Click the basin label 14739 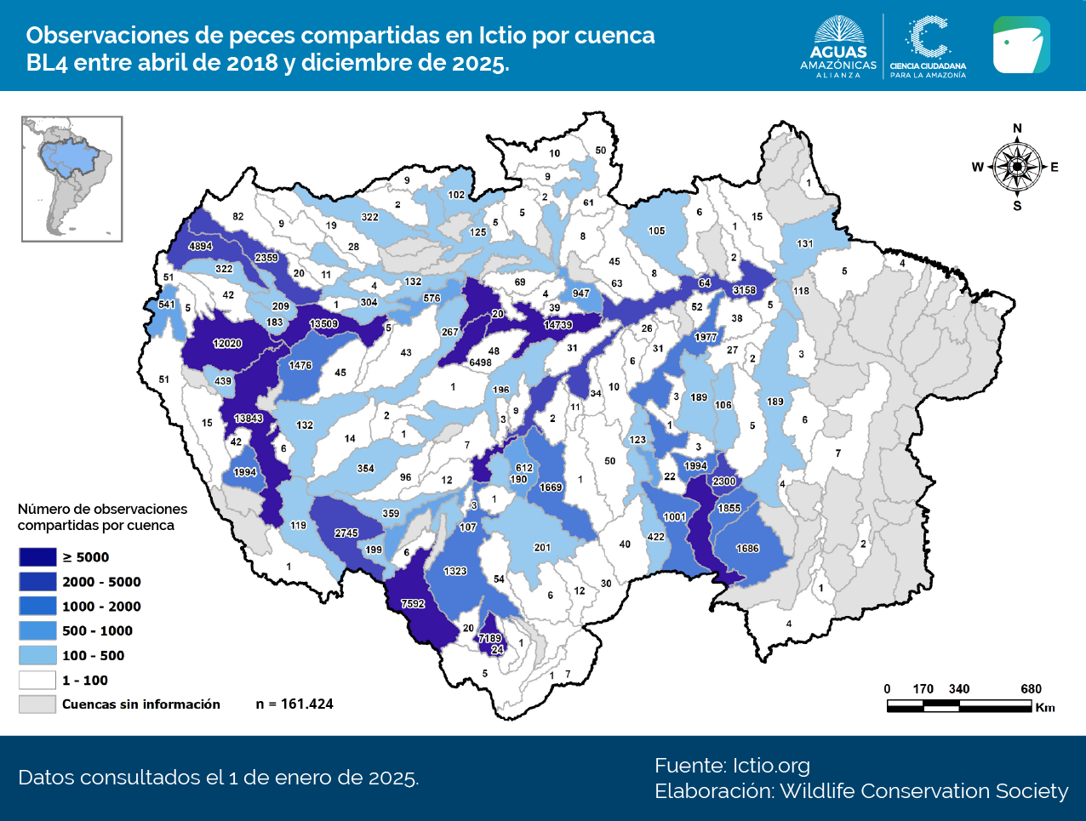click(558, 325)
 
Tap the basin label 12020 click(227, 344)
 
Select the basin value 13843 click(249, 418)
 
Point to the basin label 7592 click(413, 604)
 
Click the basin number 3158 click(745, 290)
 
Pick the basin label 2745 click(346, 533)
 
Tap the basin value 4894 click(201, 246)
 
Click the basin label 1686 click(747, 549)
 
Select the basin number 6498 click(480, 362)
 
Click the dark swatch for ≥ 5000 click(37, 557)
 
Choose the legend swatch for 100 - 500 click(37, 656)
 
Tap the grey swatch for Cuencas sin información click(37, 704)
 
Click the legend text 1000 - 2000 click(101, 607)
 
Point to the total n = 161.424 click(294, 704)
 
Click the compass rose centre click(1017, 167)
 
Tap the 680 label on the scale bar click(1031, 689)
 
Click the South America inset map click(72, 180)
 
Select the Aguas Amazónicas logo click(838, 46)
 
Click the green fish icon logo click(1021, 45)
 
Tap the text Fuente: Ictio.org click(732, 766)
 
